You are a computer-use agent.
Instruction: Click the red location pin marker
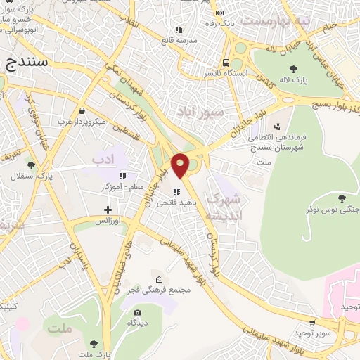(180, 165)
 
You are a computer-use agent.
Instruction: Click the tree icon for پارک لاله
(293, 69)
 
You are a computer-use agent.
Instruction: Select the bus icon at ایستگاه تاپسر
(226, 60)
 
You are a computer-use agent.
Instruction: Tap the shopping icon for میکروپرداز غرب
(82, 110)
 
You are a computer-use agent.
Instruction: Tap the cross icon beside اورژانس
(108, 210)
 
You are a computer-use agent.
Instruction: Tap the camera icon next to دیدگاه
(137, 312)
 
